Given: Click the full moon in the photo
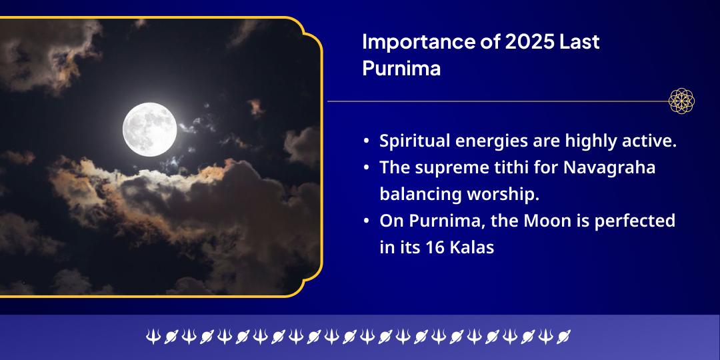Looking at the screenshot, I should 150,129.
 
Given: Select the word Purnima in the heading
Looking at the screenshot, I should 401,69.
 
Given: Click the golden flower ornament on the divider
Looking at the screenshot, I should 682,101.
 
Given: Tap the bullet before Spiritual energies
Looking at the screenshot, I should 367,141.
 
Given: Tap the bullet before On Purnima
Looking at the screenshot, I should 367,221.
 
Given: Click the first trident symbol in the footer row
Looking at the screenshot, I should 153,337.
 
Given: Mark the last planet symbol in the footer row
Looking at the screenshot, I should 564,337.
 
